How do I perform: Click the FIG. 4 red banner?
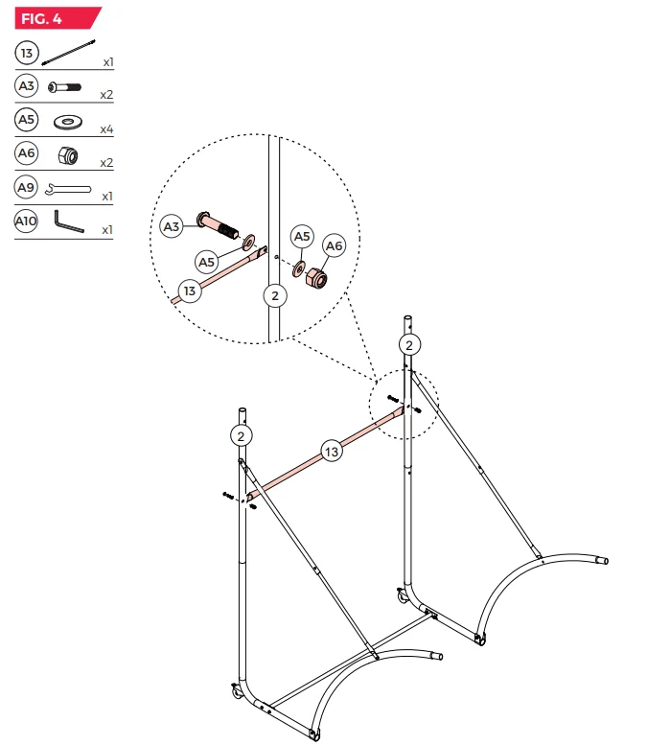click(57, 18)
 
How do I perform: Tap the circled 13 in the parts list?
click(27, 53)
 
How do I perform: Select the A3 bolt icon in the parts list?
click(64, 87)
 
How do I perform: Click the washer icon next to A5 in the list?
click(68, 122)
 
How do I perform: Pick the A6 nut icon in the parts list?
click(67, 156)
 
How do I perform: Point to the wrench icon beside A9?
click(68, 190)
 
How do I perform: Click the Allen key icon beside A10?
click(69, 221)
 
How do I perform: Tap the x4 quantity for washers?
click(107, 129)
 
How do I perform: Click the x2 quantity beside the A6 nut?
click(107, 163)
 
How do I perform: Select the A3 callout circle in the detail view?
click(172, 226)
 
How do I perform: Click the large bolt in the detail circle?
click(218, 225)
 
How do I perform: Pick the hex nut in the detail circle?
click(316, 278)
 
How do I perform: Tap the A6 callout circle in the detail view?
click(334, 245)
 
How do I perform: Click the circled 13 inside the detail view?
click(190, 291)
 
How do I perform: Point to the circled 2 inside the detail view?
click(275, 295)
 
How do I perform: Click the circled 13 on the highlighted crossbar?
click(332, 452)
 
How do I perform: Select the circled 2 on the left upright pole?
click(242, 436)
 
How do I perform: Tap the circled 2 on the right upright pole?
click(409, 345)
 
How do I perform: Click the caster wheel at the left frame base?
click(236, 691)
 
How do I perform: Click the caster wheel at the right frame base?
click(403, 596)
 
